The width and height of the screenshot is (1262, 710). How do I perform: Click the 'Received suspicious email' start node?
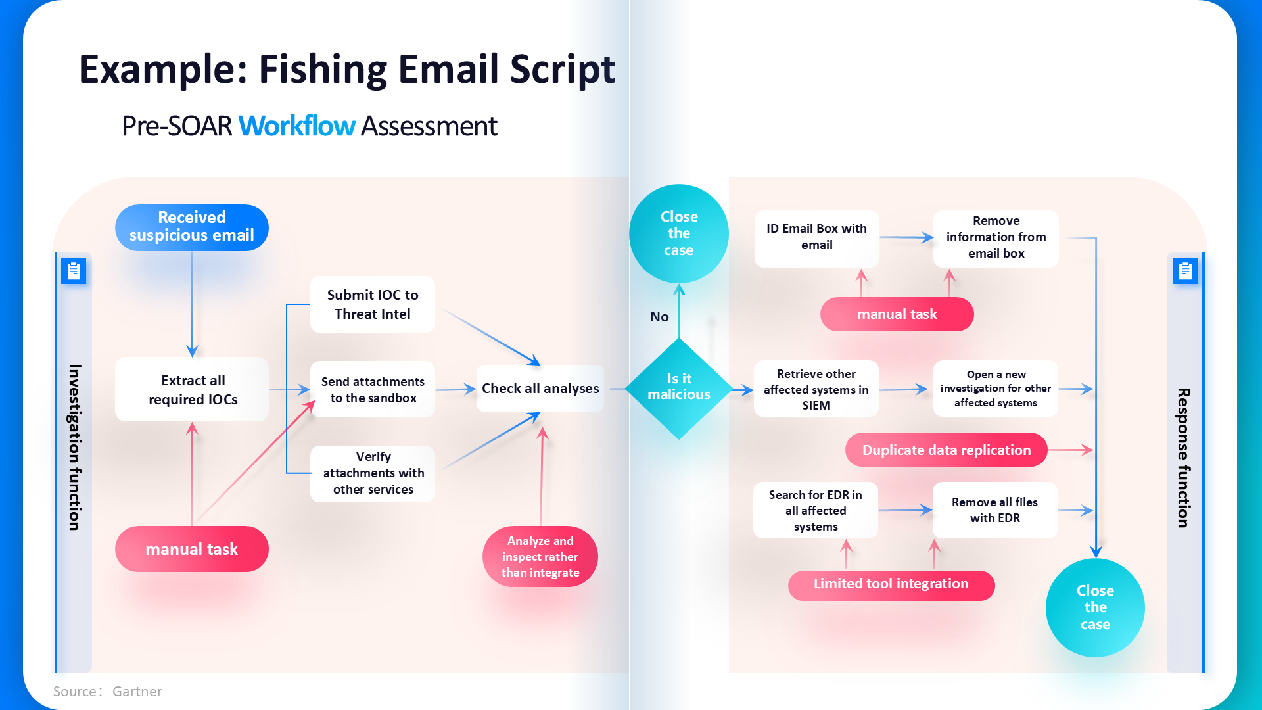pyautogui.click(x=191, y=227)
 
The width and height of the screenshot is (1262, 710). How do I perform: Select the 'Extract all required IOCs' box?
pyautogui.click(x=192, y=389)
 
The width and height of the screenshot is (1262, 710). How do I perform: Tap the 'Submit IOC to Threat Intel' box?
pyautogui.click(x=372, y=304)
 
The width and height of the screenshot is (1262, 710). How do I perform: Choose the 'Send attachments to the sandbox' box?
pyautogui.click(x=373, y=389)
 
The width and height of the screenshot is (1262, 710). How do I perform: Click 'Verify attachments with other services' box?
pyautogui.click(x=373, y=473)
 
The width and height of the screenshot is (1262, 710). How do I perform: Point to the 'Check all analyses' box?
pyautogui.click(x=540, y=388)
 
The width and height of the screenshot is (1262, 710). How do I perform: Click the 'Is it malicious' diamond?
pyautogui.click(x=679, y=387)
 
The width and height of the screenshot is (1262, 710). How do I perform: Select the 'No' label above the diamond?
pyautogui.click(x=659, y=317)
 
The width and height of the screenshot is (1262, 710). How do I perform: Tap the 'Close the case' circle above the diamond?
pyautogui.click(x=679, y=233)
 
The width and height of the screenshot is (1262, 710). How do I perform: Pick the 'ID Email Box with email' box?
pyautogui.click(x=816, y=237)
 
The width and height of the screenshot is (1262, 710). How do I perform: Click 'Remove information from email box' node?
pyautogui.click(x=996, y=237)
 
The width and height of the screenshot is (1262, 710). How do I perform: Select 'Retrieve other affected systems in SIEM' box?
pyautogui.click(x=816, y=389)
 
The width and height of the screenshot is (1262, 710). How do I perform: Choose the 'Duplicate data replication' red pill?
pyautogui.click(x=946, y=450)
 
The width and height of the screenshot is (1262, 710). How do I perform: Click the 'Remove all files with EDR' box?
pyautogui.click(x=994, y=510)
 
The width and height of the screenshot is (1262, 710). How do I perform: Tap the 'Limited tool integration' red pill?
pyautogui.click(x=891, y=584)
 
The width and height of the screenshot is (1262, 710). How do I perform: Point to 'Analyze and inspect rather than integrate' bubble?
pyautogui.click(x=540, y=557)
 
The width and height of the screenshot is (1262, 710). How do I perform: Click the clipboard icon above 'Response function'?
pyautogui.click(x=1185, y=271)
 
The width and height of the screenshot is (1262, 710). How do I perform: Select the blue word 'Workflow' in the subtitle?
pyautogui.click(x=296, y=126)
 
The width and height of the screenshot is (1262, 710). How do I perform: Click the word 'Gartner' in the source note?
pyautogui.click(x=137, y=692)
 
